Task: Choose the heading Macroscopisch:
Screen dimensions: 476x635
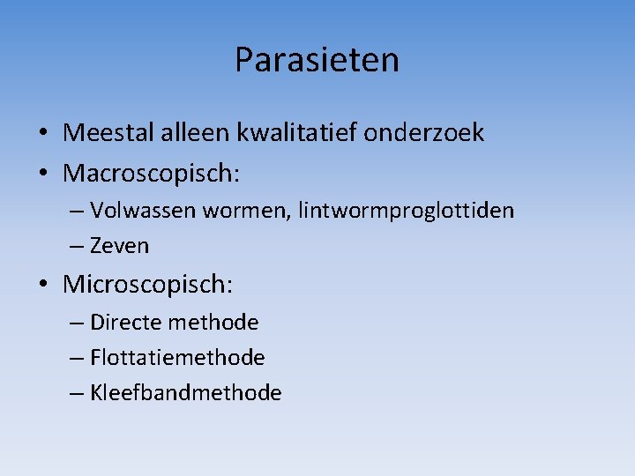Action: tap(151, 174)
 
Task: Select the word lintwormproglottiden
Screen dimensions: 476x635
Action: tap(406, 211)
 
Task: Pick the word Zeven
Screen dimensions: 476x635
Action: tap(120, 246)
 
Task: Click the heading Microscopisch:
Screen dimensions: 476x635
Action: tap(148, 285)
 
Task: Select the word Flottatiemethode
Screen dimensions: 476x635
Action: tap(177, 357)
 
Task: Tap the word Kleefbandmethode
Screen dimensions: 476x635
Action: tap(186, 392)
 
